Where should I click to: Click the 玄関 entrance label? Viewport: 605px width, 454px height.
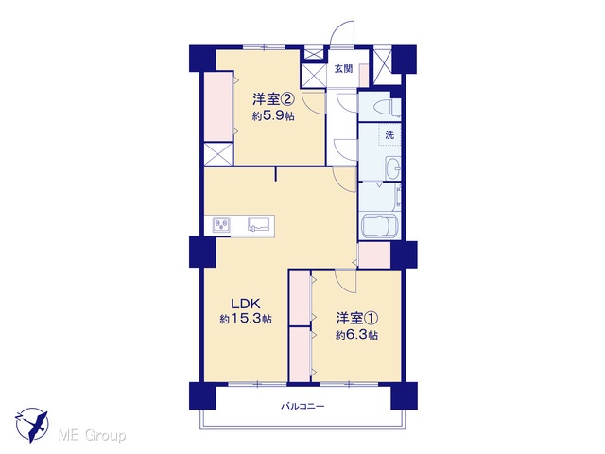tap(343, 69)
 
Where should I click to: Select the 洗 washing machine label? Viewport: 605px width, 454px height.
tap(389, 135)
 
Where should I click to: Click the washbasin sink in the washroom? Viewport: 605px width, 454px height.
tap(393, 168)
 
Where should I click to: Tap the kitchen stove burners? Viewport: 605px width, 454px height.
tap(221, 224)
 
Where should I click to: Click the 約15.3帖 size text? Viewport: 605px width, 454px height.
tap(246, 320)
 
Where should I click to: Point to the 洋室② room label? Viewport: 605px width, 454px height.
tap(274, 99)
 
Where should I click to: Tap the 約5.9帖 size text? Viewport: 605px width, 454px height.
tap(273, 115)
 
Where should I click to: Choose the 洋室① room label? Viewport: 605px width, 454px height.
tap(357, 318)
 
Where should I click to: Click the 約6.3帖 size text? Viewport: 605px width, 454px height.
tap(357, 335)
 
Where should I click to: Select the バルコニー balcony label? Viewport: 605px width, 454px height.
tap(302, 406)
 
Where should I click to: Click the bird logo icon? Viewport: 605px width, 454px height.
tap(32, 425)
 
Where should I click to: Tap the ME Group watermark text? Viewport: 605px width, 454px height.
tap(93, 436)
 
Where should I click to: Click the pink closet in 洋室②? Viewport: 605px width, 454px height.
tap(218, 107)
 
